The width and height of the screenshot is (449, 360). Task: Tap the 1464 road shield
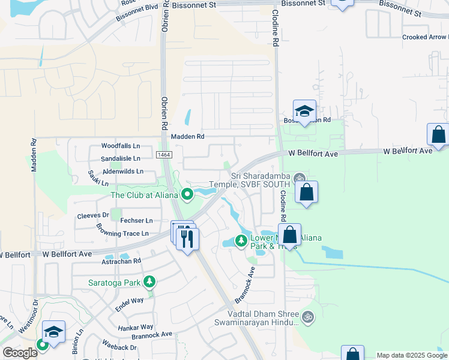pyautogui.click(x=164, y=155)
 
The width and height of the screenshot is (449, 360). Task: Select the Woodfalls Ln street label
pyautogui.click(x=120, y=146)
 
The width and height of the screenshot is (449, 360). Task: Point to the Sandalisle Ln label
pyautogui.click(x=120, y=158)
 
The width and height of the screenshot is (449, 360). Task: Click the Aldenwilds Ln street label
pyautogui.click(x=123, y=171)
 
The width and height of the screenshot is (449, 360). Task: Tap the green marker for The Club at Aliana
pyautogui.click(x=187, y=194)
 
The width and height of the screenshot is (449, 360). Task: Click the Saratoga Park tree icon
pyautogui.click(x=149, y=281)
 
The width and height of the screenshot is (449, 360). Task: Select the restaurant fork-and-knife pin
pyautogui.click(x=187, y=239)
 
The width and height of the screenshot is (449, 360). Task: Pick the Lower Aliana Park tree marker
pyautogui.click(x=241, y=241)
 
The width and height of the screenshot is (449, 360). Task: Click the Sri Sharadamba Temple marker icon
pyautogui.click(x=300, y=178)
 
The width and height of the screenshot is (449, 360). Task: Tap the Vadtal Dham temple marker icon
pyautogui.click(x=308, y=316)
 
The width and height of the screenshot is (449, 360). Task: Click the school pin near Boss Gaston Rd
pyautogui.click(x=304, y=112)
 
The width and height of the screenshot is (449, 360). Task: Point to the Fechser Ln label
pyautogui.click(x=136, y=221)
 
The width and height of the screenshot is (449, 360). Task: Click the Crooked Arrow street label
pyautogui.click(x=425, y=37)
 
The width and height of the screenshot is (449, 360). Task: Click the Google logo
pyautogui.click(x=20, y=353)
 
